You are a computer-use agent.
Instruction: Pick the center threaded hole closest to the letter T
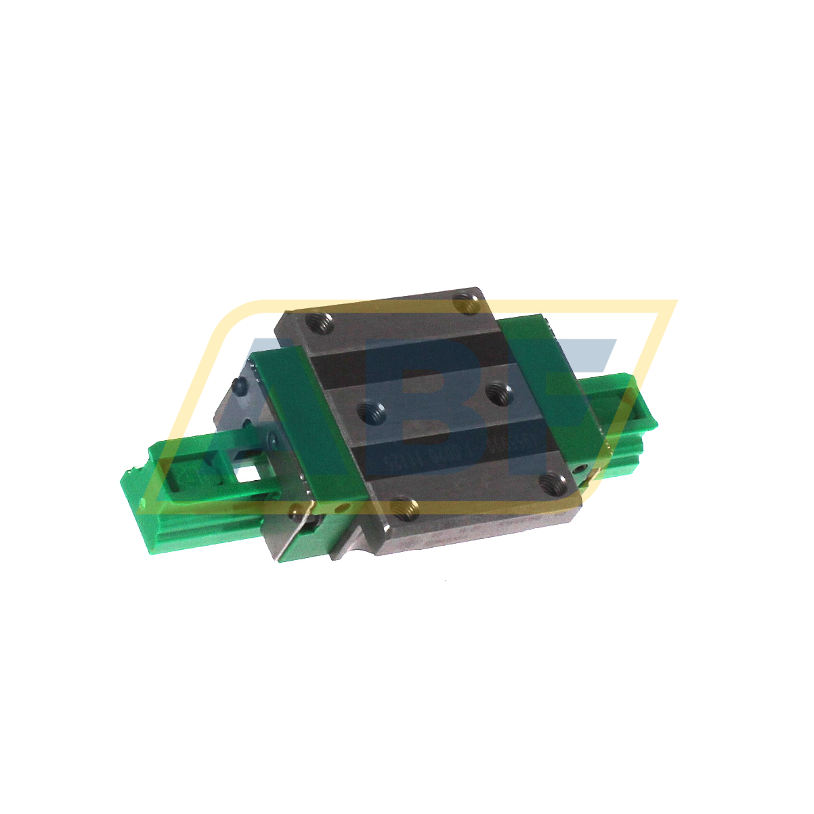pos(499,392)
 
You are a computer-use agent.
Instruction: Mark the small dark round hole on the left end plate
pos(238,385)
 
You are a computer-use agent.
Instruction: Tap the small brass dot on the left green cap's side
pos(294,509)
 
